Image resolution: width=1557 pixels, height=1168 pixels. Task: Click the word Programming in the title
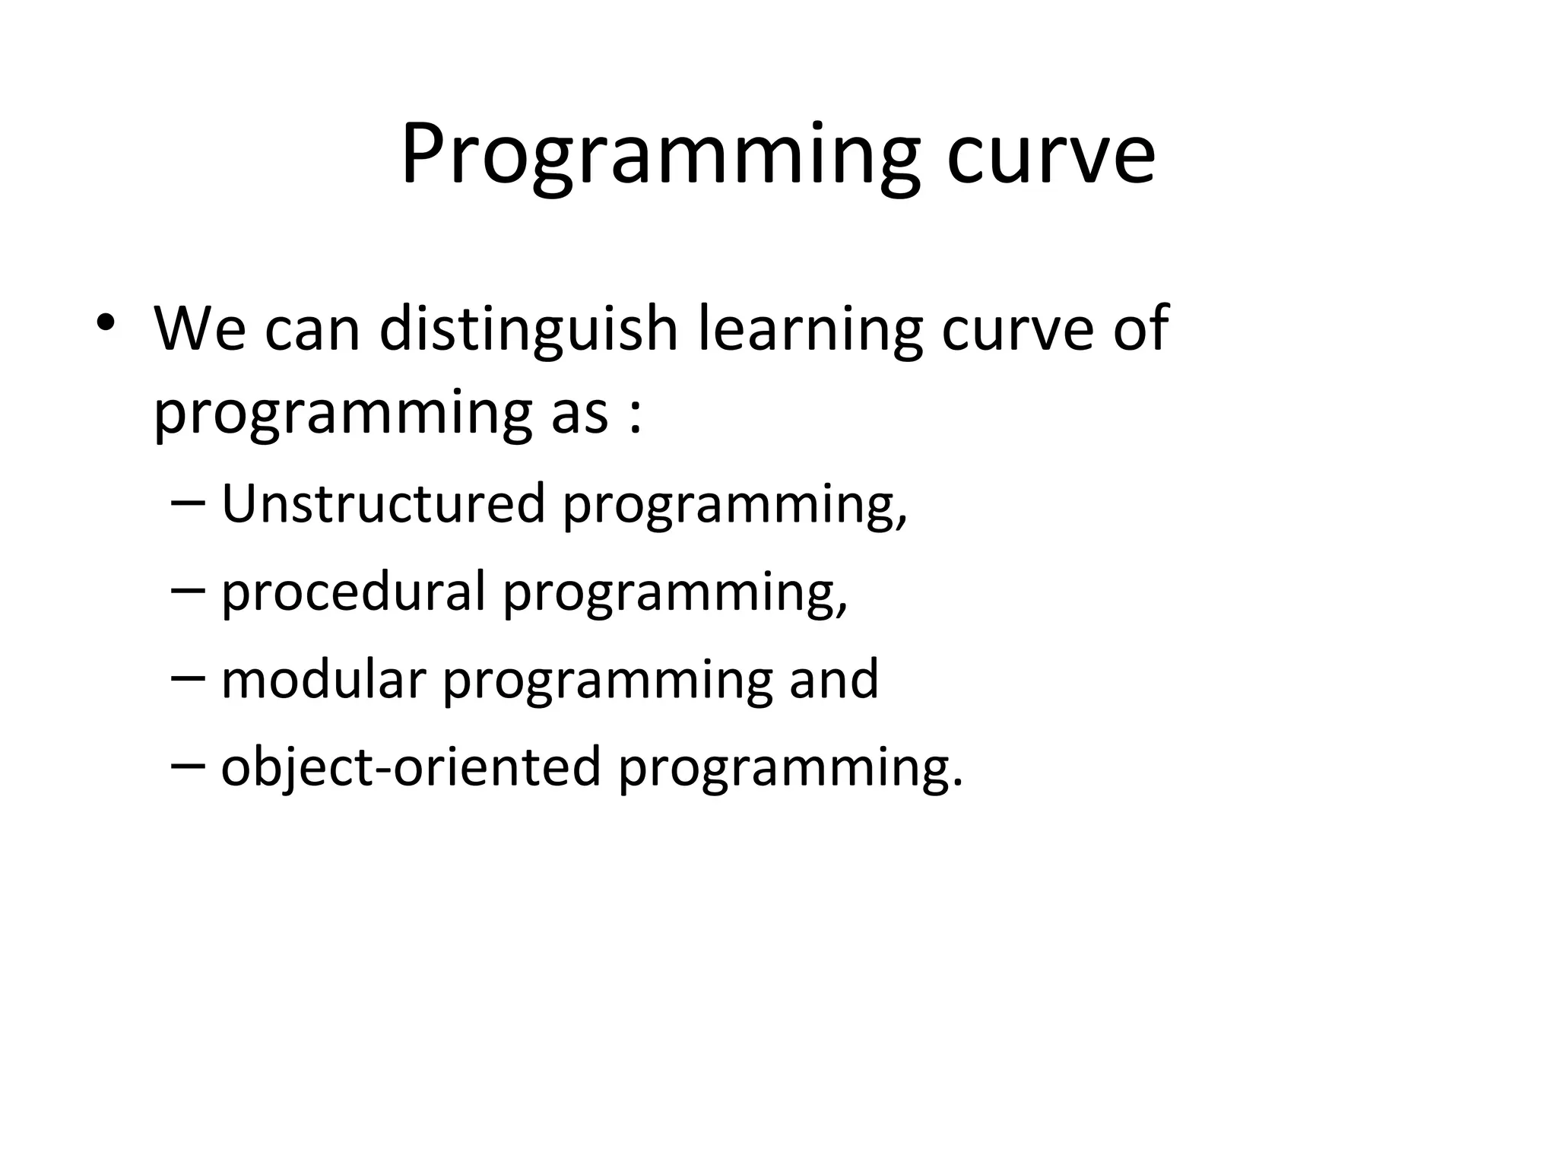[660, 156]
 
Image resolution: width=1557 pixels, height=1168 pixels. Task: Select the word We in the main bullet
[200, 329]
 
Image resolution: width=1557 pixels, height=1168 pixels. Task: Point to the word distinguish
[528, 329]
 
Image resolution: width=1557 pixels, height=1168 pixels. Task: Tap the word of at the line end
[1140, 329]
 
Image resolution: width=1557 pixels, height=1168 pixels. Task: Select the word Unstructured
[383, 504]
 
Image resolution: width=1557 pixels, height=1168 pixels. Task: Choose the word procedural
[353, 592]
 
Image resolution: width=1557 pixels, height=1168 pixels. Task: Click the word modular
[322, 679]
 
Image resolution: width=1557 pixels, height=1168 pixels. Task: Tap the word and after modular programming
[833, 679]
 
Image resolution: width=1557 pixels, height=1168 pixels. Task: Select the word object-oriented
[411, 766]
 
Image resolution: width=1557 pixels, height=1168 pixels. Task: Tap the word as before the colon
[580, 414]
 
